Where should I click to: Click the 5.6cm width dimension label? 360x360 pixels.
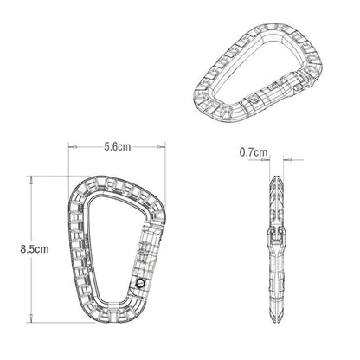pos(118,147)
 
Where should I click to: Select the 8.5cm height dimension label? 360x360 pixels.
pos(35,249)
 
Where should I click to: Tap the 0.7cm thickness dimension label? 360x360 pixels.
pos(254,152)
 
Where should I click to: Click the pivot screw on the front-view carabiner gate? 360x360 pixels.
pos(141,282)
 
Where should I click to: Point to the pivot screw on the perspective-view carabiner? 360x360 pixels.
pos(254,101)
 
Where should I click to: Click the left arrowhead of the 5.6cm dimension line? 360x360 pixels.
pos(73,147)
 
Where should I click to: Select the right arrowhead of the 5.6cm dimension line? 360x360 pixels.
pos(161,147)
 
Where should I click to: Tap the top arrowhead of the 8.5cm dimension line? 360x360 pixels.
pos(31,180)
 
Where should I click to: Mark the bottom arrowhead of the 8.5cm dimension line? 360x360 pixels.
pos(31,318)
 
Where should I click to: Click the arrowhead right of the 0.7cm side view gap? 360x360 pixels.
pos(287,159)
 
